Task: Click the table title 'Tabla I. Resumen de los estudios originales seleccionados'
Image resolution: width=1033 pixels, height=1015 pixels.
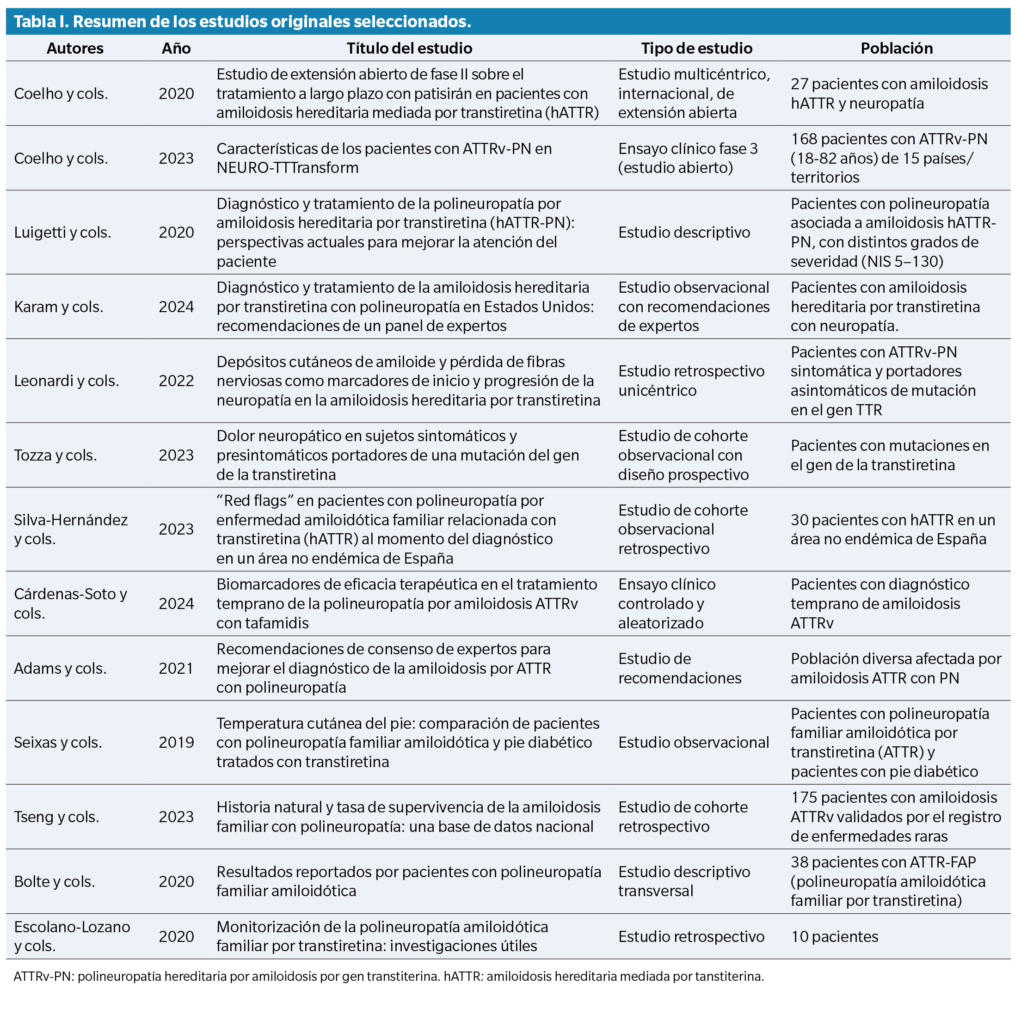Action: pos(242,21)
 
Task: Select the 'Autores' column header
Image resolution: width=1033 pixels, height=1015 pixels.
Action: pos(75,49)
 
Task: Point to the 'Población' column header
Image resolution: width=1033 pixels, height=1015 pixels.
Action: pos(896,49)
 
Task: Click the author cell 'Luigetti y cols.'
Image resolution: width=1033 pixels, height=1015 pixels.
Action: pos(62,233)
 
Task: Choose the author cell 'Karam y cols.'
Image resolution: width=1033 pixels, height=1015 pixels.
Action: pos(59,307)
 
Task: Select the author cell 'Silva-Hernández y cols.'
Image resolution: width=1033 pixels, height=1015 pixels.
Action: pos(70,529)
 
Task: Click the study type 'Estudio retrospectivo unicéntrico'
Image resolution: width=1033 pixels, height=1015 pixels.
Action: pos(691,381)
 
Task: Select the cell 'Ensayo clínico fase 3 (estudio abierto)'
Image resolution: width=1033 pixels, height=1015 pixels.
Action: pos(688,158)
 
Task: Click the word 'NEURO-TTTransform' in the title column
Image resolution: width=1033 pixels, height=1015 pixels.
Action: pos(287,168)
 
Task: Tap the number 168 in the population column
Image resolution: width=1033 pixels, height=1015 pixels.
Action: pos(804,139)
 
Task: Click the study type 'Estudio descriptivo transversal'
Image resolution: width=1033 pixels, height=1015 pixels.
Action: pos(684,882)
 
